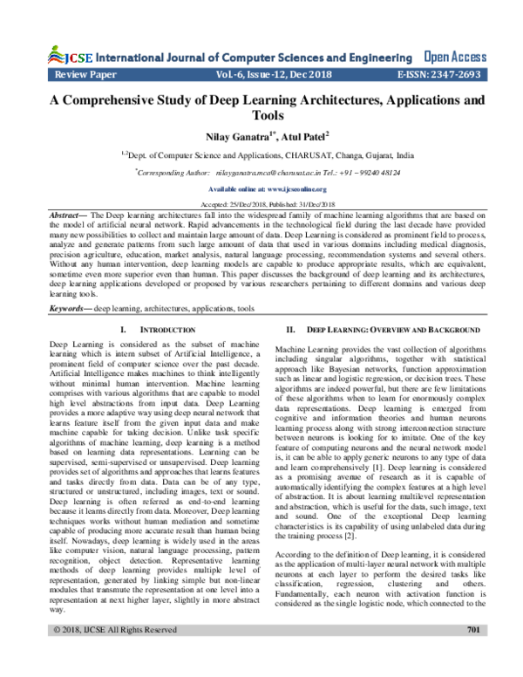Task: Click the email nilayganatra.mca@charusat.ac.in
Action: (x=273, y=174)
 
